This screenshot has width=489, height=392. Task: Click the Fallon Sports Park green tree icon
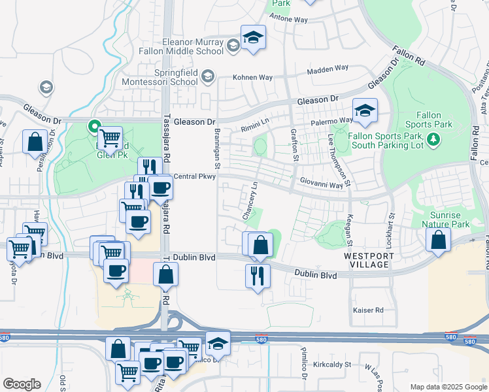[432, 139]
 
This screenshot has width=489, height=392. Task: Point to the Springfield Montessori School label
[158, 77]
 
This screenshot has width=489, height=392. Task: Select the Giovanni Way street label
[322, 185]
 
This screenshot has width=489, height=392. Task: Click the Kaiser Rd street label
[367, 310]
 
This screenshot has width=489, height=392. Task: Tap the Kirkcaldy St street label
[332, 364]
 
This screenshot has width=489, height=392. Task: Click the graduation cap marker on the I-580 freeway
[218, 344]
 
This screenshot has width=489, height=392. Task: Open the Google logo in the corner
[22, 384]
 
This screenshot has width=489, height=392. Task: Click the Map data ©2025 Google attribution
[448, 387]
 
